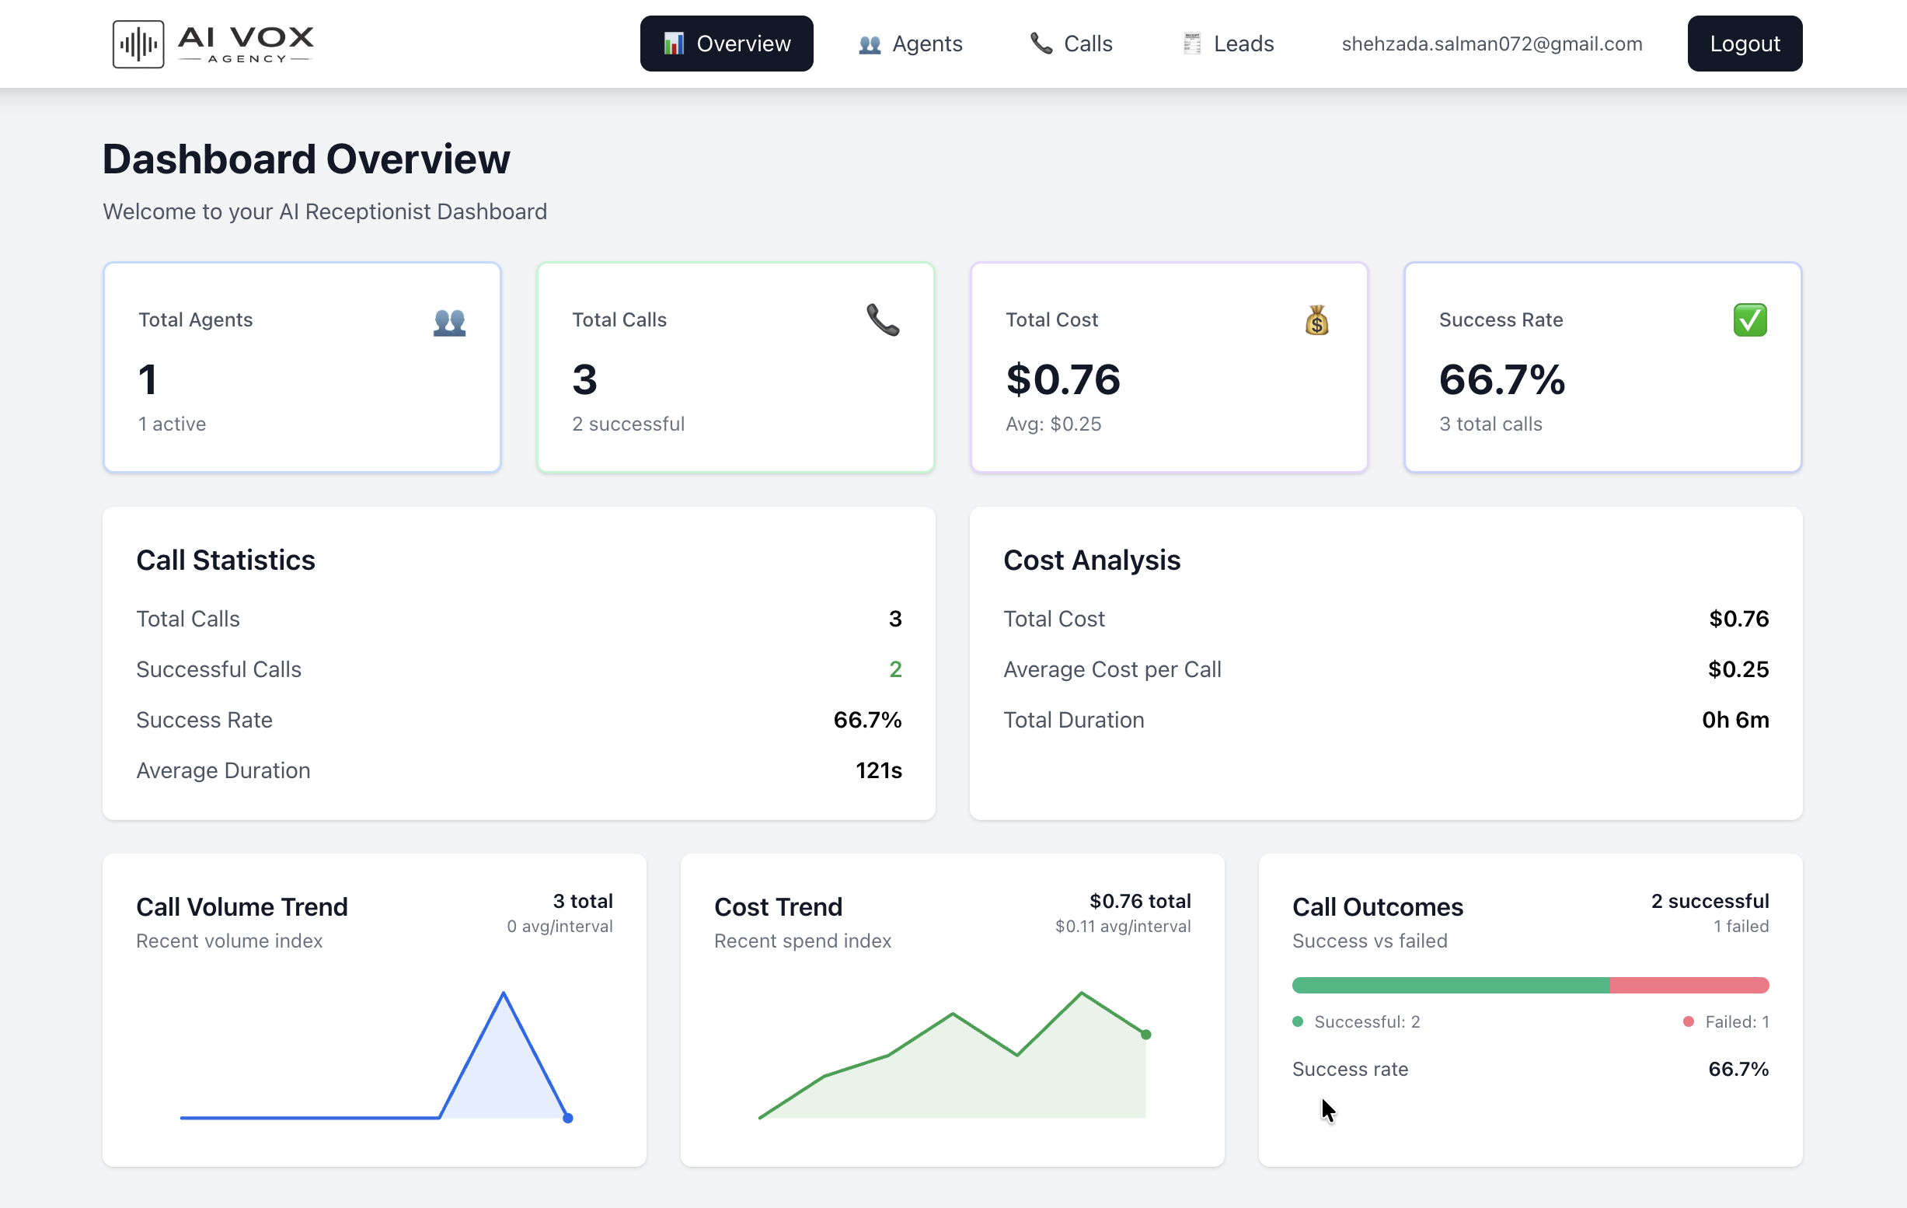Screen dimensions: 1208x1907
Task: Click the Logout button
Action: pyautogui.click(x=1744, y=44)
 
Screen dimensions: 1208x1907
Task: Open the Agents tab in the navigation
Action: pyautogui.click(x=911, y=44)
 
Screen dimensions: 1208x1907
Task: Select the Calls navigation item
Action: pyautogui.click(x=1072, y=44)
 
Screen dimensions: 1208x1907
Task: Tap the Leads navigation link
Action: pyautogui.click(x=1229, y=44)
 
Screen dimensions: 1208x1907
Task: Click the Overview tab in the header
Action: pyautogui.click(x=727, y=44)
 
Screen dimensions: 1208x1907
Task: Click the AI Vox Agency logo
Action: pyautogui.click(x=214, y=44)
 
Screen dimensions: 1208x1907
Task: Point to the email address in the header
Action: pyautogui.click(x=1491, y=44)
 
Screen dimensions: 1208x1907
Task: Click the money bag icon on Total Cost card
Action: pyautogui.click(x=1316, y=321)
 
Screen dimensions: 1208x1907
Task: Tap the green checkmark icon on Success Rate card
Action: pyautogui.click(x=1749, y=320)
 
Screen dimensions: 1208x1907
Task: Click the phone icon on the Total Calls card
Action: pyautogui.click(x=882, y=320)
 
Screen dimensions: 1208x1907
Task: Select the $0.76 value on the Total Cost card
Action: pyautogui.click(x=1063, y=379)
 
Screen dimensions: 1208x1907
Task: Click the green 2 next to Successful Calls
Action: pyautogui.click(x=895, y=669)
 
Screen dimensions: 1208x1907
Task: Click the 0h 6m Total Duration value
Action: pyautogui.click(x=1734, y=719)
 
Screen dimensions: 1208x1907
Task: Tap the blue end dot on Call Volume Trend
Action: pyautogui.click(x=568, y=1118)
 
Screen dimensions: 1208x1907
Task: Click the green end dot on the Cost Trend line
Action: pyautogui.click(x=1145, y=1035)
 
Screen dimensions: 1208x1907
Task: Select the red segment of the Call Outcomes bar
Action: pyautogui.click(x=1689, y=986)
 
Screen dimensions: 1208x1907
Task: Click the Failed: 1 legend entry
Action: pyautogui.click(x=1727, y=1022)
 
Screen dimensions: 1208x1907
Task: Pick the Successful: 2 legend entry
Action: pyautogui.click(x=1357, y=1022)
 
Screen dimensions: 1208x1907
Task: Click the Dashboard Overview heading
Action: pyautogui.click(x=306, y=159)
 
